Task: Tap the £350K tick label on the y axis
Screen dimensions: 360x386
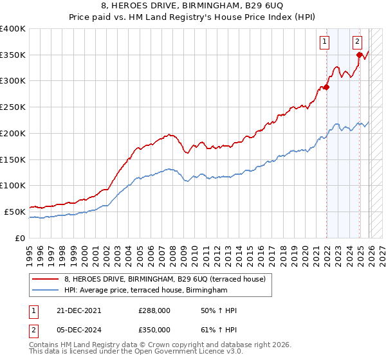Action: pos(13,55)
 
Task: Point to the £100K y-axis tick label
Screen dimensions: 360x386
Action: pos(13,185)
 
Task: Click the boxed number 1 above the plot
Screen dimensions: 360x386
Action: pos(325,42)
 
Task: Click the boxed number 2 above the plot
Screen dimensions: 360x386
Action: pos(357,42)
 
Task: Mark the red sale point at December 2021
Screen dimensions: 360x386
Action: pos(326,87)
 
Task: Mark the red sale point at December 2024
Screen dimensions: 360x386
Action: pos(360,55)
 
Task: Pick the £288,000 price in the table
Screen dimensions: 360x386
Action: pos(154,310)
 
